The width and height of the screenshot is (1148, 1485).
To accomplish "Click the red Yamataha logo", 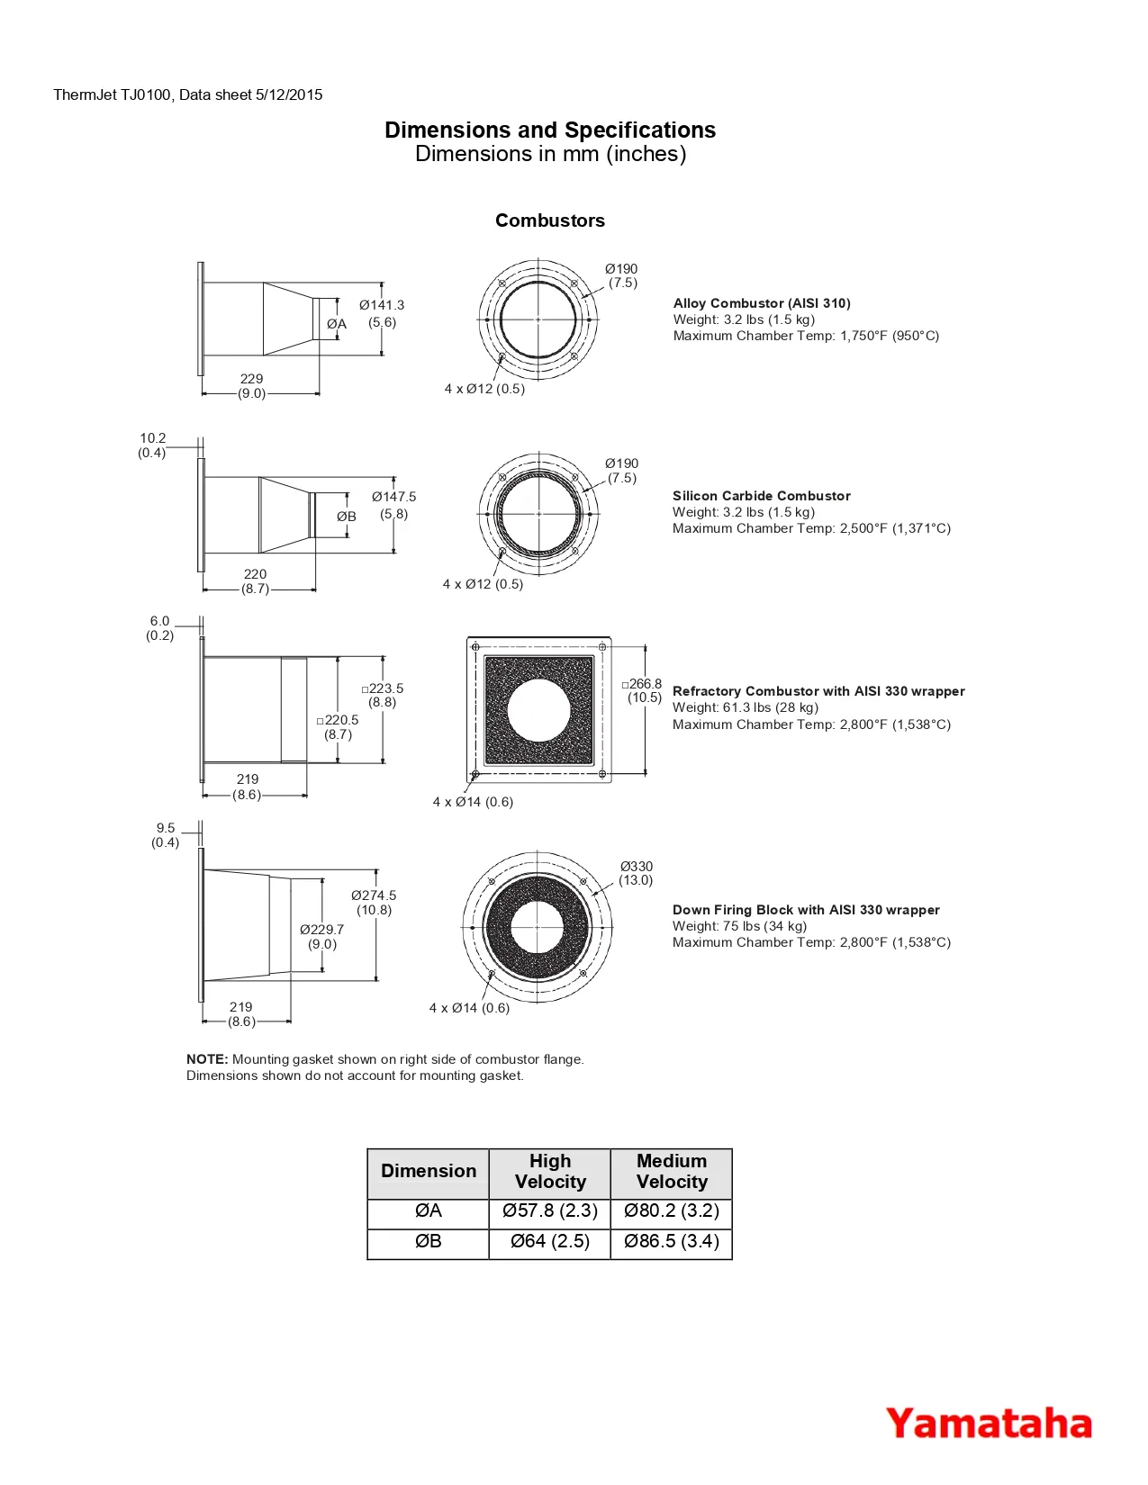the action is click(989, 1424).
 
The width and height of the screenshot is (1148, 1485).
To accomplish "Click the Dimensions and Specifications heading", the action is click(550, 130).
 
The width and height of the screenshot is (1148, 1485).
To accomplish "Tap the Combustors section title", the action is click(550, 220).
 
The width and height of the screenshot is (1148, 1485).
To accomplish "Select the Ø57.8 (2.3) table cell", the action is click(550, 1211).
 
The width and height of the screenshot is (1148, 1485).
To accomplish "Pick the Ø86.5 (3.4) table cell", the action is click(672, 1241).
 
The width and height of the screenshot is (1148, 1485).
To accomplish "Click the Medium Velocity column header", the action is click(672, 1171).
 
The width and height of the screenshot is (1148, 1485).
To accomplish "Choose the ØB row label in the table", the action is click(428, 1241).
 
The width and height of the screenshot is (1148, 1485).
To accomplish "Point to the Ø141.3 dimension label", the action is click(382, 305).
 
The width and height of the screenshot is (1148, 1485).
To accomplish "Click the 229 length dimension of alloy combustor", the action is click(251, 379).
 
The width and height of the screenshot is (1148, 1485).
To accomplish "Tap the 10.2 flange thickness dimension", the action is click(153, 438).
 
